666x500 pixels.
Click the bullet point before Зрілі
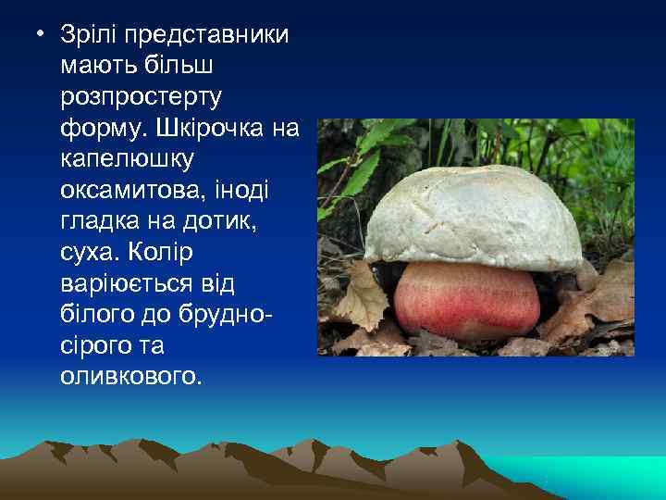[39, 35]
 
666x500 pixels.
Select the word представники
[208, 36]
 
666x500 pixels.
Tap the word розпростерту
[146, 96]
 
